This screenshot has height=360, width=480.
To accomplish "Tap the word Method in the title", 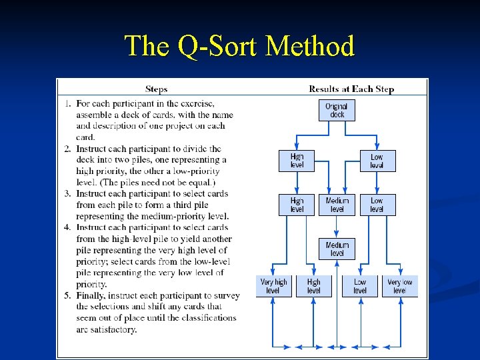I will coord(309,47).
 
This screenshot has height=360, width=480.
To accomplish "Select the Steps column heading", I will coord(156,89).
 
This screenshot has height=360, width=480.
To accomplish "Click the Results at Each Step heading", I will coord(351,89).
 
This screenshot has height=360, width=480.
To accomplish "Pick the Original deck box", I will coord(337,110).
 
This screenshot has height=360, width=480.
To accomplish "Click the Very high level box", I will coord(273,286).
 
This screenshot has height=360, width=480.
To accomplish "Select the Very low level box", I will coord(400,286).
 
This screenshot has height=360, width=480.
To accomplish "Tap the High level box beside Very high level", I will coord(313,286).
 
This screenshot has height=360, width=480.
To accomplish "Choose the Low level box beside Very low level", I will coord(360,286).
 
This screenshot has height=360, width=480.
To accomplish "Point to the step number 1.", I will coord(68,103).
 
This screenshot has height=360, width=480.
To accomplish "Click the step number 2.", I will coord(68,149).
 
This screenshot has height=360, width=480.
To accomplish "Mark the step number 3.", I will coord(68,193).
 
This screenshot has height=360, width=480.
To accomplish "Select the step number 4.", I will coord(68,227).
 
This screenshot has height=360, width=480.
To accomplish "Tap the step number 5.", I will coord(68,295).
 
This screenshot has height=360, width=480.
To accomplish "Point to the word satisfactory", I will coord(115,329).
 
